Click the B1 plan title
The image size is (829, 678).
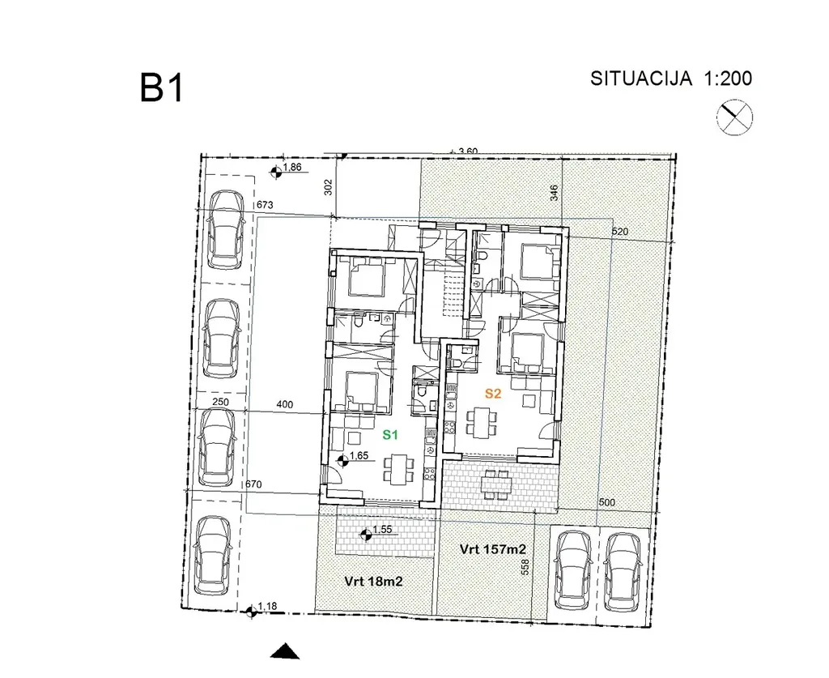(x=162, y=88)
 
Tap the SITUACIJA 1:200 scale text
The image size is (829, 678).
(x=671, y=79)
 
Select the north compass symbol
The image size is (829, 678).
(x=734, y=117)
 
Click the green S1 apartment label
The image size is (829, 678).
(x=390, y=435)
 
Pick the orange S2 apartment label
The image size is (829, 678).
(x=493, y=394)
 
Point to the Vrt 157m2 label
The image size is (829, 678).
(x=493, y=549)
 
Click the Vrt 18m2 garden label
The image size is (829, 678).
(x=373, y=582)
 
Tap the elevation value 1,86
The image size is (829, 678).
(x=292, y=167)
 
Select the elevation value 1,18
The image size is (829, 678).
(x=267, y=606)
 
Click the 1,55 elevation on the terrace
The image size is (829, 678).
(x=382, y=530)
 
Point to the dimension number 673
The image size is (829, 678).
(x=265, y=205)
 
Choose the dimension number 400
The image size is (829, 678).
(x=284, y=404)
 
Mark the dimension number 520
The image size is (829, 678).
(x=620, y=231)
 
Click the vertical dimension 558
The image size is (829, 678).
(x=525, y=568)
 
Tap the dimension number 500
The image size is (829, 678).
(x=607, y=502)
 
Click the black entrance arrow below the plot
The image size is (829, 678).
(x=285, y=651)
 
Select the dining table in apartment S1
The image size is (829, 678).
(x=399, y=469)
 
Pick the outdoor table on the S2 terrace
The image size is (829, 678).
(x=497, y=484)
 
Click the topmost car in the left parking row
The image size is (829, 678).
(x=227, y=229)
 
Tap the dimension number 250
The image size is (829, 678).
(x=220, y=402)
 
